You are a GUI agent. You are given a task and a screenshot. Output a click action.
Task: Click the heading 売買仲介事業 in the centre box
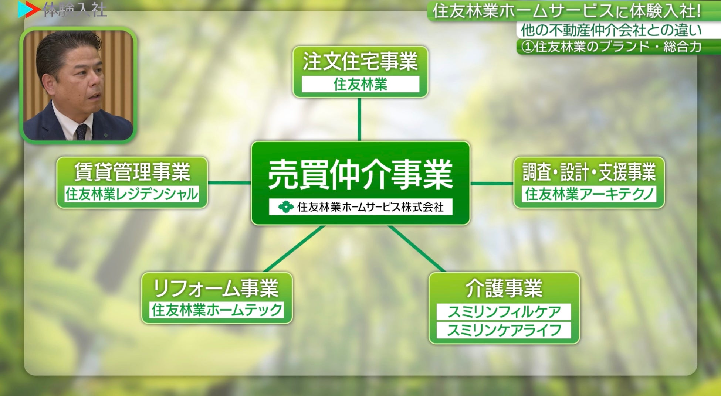pos(360,175)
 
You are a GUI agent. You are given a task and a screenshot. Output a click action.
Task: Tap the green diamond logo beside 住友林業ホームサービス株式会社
pos(285,207)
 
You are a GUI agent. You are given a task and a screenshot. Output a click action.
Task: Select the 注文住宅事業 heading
pos(360,61)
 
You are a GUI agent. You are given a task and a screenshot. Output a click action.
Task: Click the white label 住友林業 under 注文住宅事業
pos(360,85)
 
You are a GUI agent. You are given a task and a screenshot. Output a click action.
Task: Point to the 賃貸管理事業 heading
pos(132,172)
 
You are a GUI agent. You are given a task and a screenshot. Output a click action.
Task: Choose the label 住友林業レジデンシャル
pos(132,194)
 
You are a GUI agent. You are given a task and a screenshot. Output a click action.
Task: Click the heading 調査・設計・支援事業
pos(589,172)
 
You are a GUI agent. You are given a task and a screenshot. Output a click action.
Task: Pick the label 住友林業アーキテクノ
pos(589,194)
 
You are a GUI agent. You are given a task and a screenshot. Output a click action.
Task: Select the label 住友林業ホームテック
pos(217,310)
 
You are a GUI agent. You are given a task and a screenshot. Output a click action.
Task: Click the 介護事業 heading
pos(504,288)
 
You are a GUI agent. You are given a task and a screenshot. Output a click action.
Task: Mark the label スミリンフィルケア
pos(504,312)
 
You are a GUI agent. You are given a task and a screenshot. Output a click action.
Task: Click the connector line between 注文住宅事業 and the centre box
pos(359,119)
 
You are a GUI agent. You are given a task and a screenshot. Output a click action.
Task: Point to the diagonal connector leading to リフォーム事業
pos(294,249)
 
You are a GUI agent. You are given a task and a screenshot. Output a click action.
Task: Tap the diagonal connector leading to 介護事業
pos(417,249)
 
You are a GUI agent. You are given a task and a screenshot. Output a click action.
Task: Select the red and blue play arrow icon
pos(28,10)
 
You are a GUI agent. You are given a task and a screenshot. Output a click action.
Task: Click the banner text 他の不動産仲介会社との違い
pos(611,31)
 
